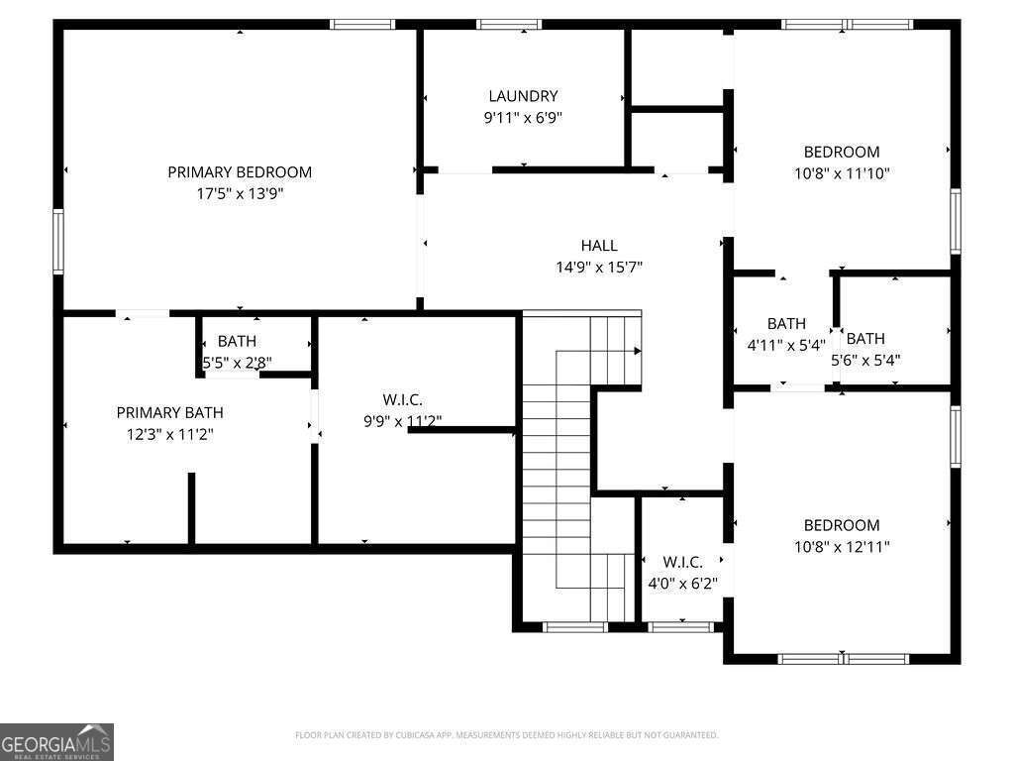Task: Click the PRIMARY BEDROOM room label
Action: click(240, 172)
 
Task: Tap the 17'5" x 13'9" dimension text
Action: click(240, 194)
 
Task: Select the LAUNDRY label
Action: click(523, 96)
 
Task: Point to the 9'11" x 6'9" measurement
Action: click(523, 117)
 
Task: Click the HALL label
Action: click(599, 246)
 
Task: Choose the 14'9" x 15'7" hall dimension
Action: click(599, 267)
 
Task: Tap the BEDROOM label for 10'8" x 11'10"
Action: click(841, 152)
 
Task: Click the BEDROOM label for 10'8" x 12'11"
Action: click(841, 525)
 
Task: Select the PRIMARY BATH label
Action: click(169, 412)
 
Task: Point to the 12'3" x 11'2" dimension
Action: click(169, 434)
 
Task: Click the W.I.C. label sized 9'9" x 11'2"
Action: click(403, 399)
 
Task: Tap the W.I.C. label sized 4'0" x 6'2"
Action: click(682, 562)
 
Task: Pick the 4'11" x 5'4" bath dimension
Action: click(786, 346)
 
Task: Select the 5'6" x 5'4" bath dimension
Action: click(866, 361)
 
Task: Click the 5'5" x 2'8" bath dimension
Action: click(238, 363)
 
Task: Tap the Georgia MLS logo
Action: click(57, 741)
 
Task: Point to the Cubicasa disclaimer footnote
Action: click(506, 735)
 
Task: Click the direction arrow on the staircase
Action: click(637, 351)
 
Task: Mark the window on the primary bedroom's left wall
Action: click(58, 241)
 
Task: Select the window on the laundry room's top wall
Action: click(509, 24)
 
